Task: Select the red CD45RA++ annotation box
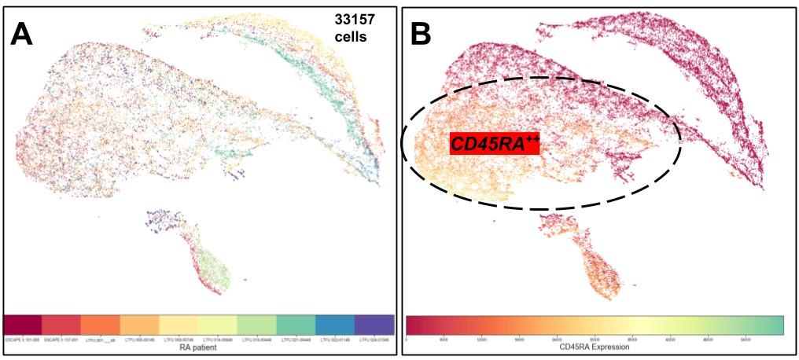click(494, 143)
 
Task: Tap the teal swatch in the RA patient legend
click(296, 325)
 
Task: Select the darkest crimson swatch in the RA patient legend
click(24, 325)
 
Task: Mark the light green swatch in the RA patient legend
click(256, 325)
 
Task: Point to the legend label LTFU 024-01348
click(374, 341)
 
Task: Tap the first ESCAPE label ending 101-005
click(24, 341)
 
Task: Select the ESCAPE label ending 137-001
click(62, 341)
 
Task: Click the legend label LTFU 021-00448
click(296, 341)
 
